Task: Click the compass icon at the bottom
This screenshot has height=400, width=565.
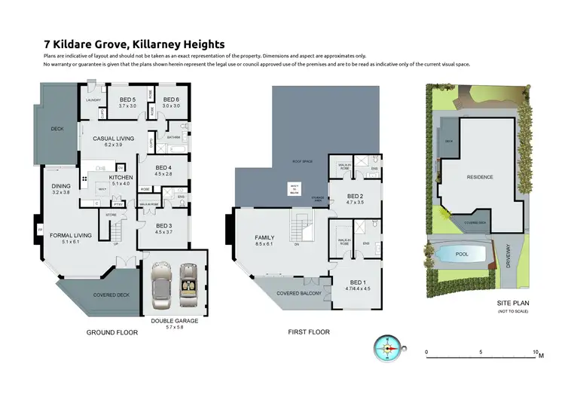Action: [x=389, y=348]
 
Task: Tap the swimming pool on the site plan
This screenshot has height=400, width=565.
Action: [x=462, y=255]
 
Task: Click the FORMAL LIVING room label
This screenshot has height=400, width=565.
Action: [x=71, y=236]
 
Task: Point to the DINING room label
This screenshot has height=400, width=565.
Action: [x=61, y=186]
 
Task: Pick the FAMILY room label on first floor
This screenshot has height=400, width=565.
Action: [x=264, y=238]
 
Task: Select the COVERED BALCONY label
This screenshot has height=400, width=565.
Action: [x=299, y=293]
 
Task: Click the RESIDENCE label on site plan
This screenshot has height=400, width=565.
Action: [x=480, y=177]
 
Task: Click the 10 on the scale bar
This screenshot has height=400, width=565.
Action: [x=534, y=352]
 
